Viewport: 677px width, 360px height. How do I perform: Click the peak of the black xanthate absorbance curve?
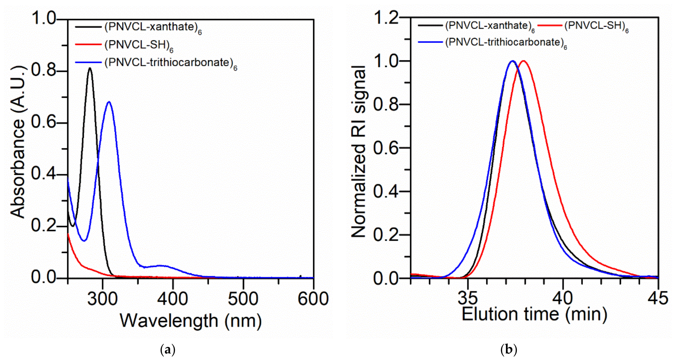pos(90,68)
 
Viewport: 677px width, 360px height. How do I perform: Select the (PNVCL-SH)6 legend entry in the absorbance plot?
pos(139,46)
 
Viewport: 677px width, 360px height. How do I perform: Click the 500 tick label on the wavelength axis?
pos(243,299)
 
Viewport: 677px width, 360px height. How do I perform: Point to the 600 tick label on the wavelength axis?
pos(313,299)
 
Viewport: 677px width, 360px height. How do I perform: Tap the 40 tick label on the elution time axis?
pos(563,298)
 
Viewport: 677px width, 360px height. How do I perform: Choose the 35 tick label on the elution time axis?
pos(468,298)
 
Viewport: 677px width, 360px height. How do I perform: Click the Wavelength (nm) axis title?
pos(191,321)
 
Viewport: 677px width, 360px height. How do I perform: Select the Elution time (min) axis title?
pos(535,314)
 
